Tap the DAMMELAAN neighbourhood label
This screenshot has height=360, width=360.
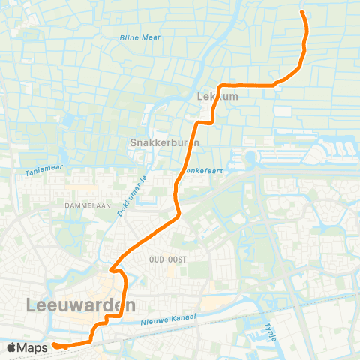(87, 203)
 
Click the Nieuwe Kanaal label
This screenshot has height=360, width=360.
(168, 319)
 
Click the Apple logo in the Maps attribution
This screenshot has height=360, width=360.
(13, 347)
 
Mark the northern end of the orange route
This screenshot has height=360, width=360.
(303, 13)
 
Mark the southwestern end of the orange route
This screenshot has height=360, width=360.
(54, 345)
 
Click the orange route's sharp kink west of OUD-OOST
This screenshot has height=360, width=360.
(111, 268)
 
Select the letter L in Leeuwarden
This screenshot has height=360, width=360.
(31, 305)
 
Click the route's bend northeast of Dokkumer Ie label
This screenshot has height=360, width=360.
(178, 214)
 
